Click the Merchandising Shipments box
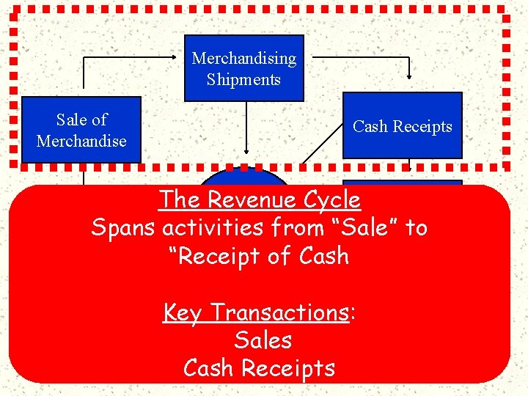[x=243, y=68]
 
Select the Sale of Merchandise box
[x=81, y=130]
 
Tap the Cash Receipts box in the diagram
[x=402, y=125]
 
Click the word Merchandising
[x=243, y=58]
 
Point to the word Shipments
[x=243, y=79]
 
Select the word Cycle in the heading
[x=334, y=199]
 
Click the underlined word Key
[x=183, y=312]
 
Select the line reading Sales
[x=263, y=340]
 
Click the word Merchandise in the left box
[x=81, y=141]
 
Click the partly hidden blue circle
[x=244, y=177]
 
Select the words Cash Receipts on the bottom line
[x=259, y=368]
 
